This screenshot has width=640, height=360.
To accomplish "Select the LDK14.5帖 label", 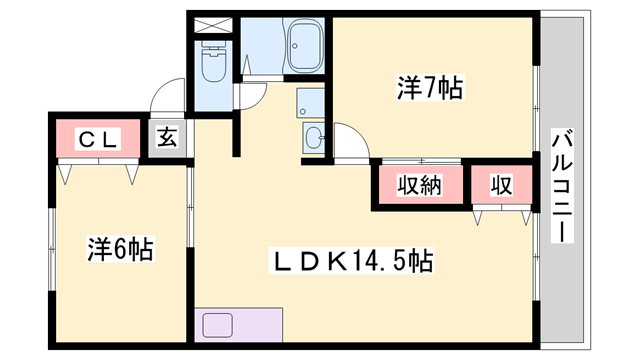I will coord(354,262).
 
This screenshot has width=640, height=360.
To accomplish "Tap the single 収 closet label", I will coord(500,185).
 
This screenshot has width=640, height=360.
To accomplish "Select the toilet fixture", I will coord(213,65).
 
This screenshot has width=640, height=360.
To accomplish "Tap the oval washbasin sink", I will coord(313,139).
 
